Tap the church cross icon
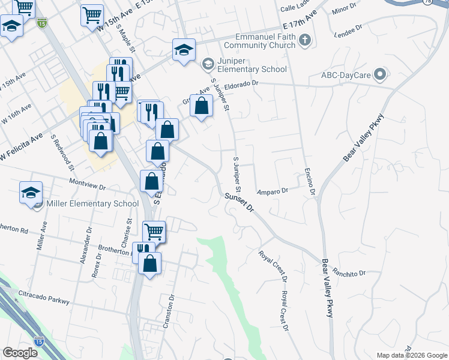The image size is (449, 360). [x=306, y=41]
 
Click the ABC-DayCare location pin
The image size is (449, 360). [x=379, y=75]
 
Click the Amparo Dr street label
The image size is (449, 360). [x=273, y=191]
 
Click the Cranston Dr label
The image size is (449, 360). [x=168, y=311]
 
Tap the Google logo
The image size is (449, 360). [x=20, y=353]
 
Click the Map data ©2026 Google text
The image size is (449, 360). [x=411, y=355]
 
